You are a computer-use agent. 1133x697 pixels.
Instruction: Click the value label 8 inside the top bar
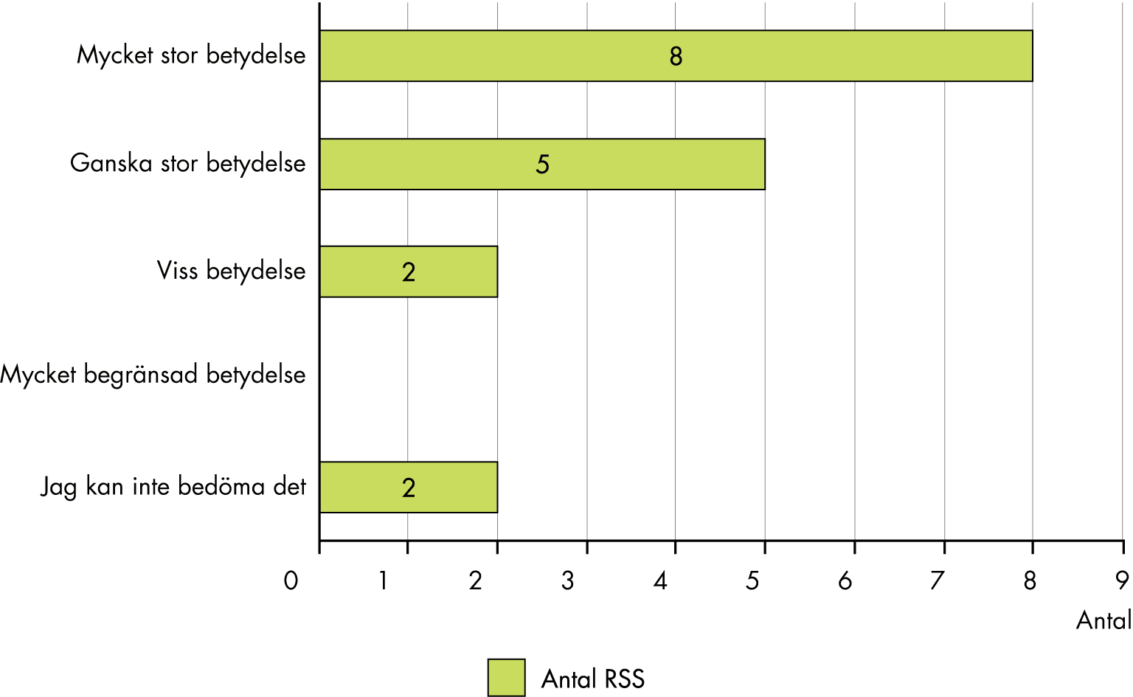point(676,57)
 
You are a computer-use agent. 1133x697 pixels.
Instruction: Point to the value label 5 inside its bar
point(542,164)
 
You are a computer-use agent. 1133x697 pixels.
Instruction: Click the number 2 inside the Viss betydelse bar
point(409,272)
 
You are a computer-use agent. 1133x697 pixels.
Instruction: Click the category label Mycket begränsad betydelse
point(153,375)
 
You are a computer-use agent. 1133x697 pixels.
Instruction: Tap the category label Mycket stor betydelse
point(191,55)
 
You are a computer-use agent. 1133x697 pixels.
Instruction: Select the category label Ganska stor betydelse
point(187,163)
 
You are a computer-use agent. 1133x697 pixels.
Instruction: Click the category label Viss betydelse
point(231,271)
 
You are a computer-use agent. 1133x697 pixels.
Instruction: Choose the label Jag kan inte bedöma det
point(173,487)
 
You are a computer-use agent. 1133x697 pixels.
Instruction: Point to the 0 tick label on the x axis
point(291,581)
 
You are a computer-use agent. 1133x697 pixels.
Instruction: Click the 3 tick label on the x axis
point(567,581)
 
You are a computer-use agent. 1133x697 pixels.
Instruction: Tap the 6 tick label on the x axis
point(845,581)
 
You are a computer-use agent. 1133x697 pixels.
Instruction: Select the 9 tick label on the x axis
point(1122,581)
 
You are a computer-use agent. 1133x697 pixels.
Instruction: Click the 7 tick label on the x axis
point(937,581)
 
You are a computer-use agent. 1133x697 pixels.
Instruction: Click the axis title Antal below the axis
point(1103,620)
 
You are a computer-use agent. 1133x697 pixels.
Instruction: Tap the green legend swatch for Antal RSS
point(506,678)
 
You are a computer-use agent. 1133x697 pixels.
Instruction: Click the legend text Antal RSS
point(593,679)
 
